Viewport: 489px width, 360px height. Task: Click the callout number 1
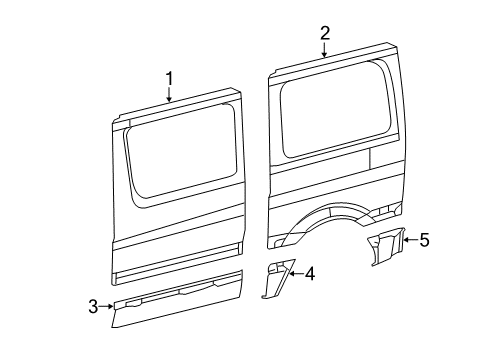(x=169, y=78)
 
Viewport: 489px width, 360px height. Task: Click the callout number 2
(x=325, y=33)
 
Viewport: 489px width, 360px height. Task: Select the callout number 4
(x=310, y=272)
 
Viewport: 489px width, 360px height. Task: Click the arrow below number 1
(x=169, y=95)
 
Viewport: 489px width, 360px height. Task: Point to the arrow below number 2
(x=325, y=50)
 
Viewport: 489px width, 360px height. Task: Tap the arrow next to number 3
(x=108, y=307)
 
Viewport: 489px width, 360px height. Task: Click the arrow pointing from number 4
(x=295, y=272)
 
